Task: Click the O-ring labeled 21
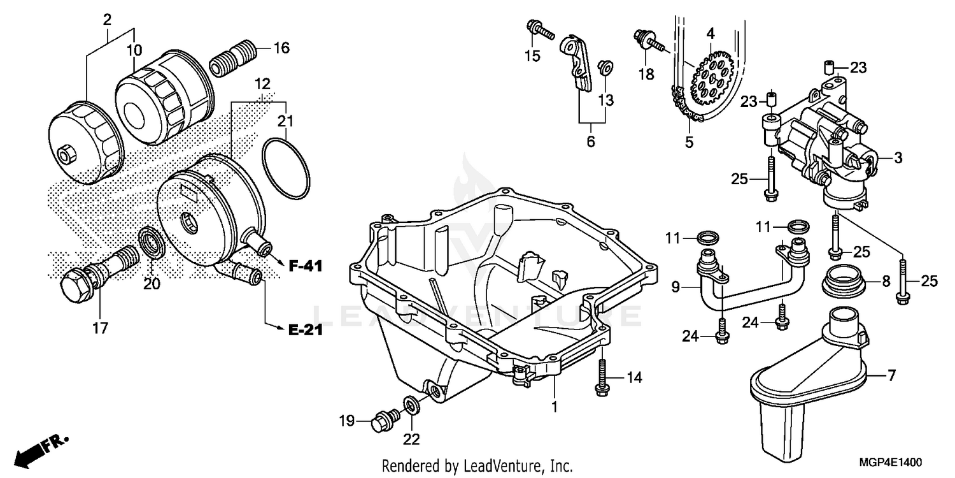point(286,167)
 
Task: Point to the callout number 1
point(554,406)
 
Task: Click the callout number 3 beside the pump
point(898,158)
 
